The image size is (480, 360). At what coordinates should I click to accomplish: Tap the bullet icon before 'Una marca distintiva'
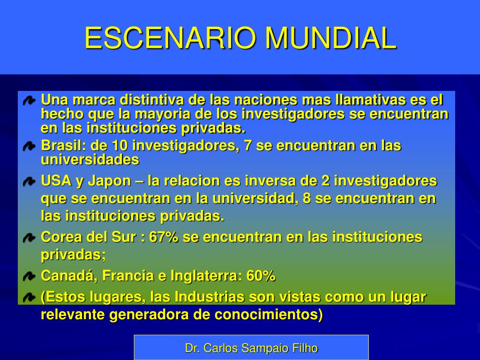29,101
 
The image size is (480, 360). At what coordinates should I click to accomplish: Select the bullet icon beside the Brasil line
29,146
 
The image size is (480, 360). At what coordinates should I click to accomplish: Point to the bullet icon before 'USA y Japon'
29,181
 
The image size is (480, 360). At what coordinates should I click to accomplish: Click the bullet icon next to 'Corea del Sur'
29,238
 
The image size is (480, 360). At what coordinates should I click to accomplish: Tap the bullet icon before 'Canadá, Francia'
29,277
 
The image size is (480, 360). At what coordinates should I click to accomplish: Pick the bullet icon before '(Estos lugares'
29,297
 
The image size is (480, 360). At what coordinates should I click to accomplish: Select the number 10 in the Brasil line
120,145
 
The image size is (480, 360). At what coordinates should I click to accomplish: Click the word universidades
90,159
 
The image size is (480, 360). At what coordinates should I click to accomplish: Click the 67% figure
164,237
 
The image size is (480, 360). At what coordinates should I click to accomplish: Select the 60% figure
261,276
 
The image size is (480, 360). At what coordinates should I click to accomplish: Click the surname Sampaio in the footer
264,348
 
